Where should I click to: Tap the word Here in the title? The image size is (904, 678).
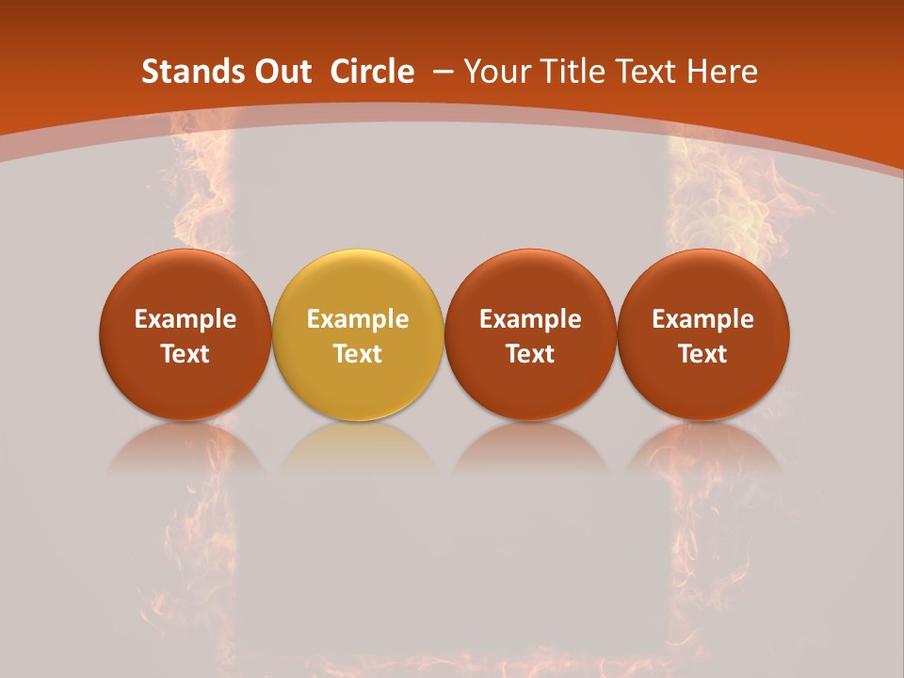pyautogui.click(x=724, y=72)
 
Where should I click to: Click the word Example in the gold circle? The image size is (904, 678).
pyautogui.click(x=358, y=319)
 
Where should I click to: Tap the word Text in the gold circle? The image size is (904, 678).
pyautogui.click(x=358, y=354)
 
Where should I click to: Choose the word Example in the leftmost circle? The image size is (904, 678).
pyautogui.click(x=186, y=319)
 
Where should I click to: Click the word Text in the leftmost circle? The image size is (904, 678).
pyautogui.click(x=186, y=354)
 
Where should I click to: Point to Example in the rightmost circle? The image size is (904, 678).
pyautogui.click(x=703, y=319)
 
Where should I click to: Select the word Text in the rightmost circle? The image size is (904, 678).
pyautogui.click(x=703, y=354)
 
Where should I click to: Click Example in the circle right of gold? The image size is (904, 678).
pyautogui.click(x=530, y=319)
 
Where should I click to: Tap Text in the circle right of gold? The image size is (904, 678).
pyautogui.click(x=530, y=354)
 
